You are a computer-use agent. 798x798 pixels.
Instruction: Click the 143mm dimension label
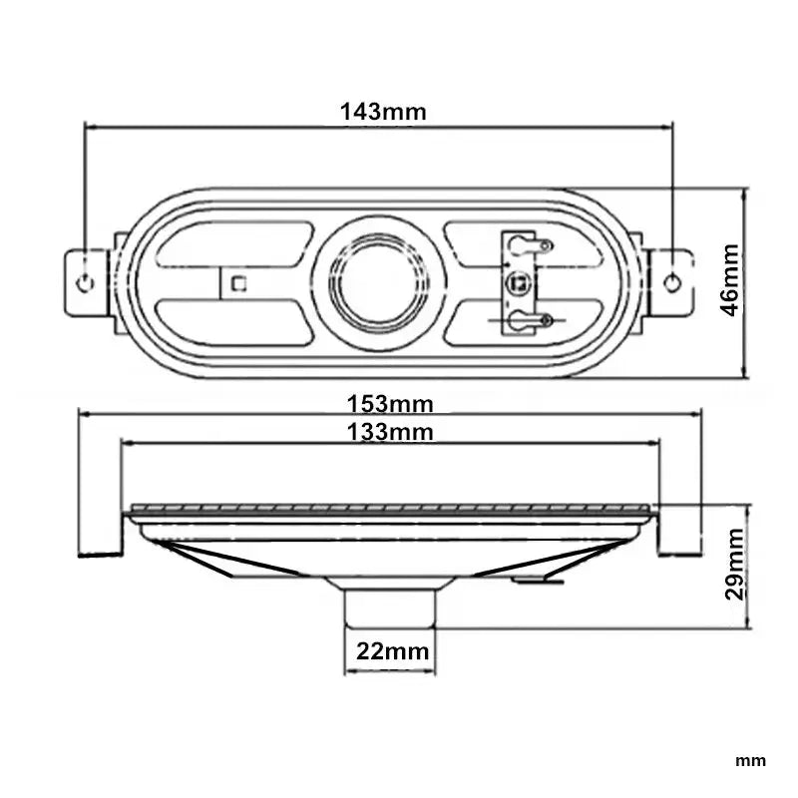[383, 111]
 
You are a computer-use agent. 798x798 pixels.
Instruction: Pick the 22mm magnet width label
[392, 652]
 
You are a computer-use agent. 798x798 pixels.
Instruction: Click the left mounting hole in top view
[86, 282]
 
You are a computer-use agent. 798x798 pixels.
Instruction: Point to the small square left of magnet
[237, 282]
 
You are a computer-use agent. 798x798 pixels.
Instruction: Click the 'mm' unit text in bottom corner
[750, 761]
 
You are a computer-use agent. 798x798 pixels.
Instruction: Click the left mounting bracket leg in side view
[101, 534]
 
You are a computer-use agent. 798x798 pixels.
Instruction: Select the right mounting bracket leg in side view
[679, 534]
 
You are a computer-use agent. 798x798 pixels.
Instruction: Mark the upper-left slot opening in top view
[234, 244]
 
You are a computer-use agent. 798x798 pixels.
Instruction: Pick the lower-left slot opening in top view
[234, 322]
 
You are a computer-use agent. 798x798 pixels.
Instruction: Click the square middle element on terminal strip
[519, 282]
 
